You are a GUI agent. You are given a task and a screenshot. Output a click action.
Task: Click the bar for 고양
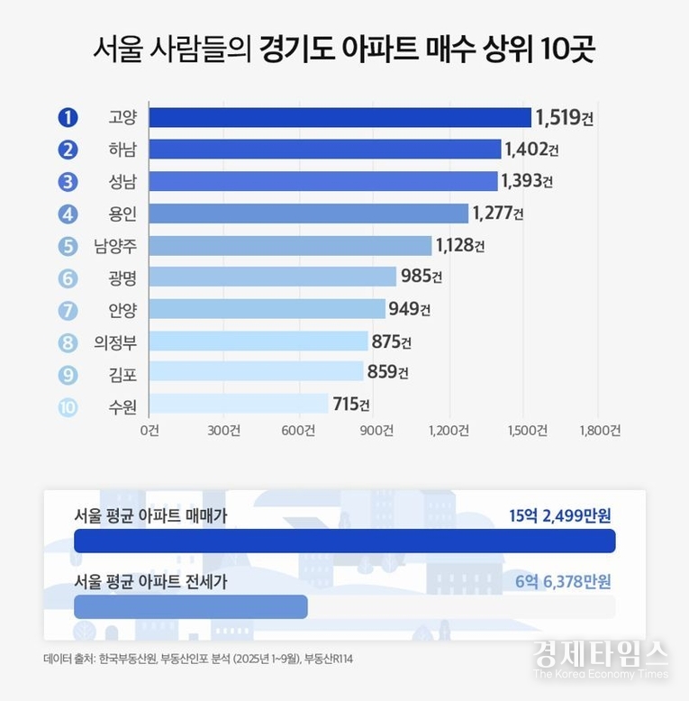tap(340, 118)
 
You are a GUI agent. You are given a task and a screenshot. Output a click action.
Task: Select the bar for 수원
tap(239, 404)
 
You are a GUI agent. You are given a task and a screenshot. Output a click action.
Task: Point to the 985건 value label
tap(422, 277)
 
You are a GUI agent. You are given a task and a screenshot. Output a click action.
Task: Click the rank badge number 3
tap(68, 182)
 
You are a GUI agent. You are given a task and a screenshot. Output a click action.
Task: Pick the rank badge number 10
tap(68, 405)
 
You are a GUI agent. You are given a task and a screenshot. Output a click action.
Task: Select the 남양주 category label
tap(114, 246)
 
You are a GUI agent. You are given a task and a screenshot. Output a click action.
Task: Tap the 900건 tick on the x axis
tap(375, 431)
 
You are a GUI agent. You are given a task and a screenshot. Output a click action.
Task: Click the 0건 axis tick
tap(150, 431)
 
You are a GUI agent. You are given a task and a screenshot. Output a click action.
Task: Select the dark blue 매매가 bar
tap(344, 541)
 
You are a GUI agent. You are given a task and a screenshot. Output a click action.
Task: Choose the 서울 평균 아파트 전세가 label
tap(150, 583)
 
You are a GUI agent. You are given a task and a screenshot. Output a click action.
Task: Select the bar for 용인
tap(309, 214)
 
